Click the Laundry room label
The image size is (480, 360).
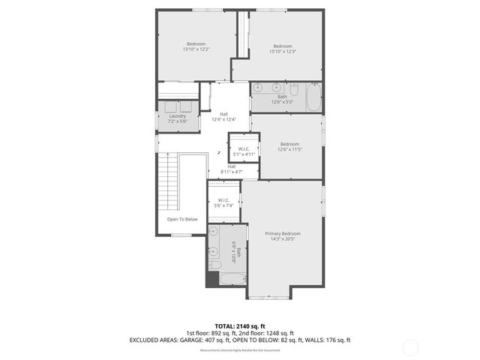click(177, 116)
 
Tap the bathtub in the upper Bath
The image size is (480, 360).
click(313, 97)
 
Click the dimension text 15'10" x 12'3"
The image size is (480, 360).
click(282, 51)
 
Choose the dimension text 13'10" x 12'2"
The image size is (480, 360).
click(196, 49)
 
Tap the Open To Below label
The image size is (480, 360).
click(182, 219)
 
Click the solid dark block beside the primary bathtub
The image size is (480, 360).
click(211, 280)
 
